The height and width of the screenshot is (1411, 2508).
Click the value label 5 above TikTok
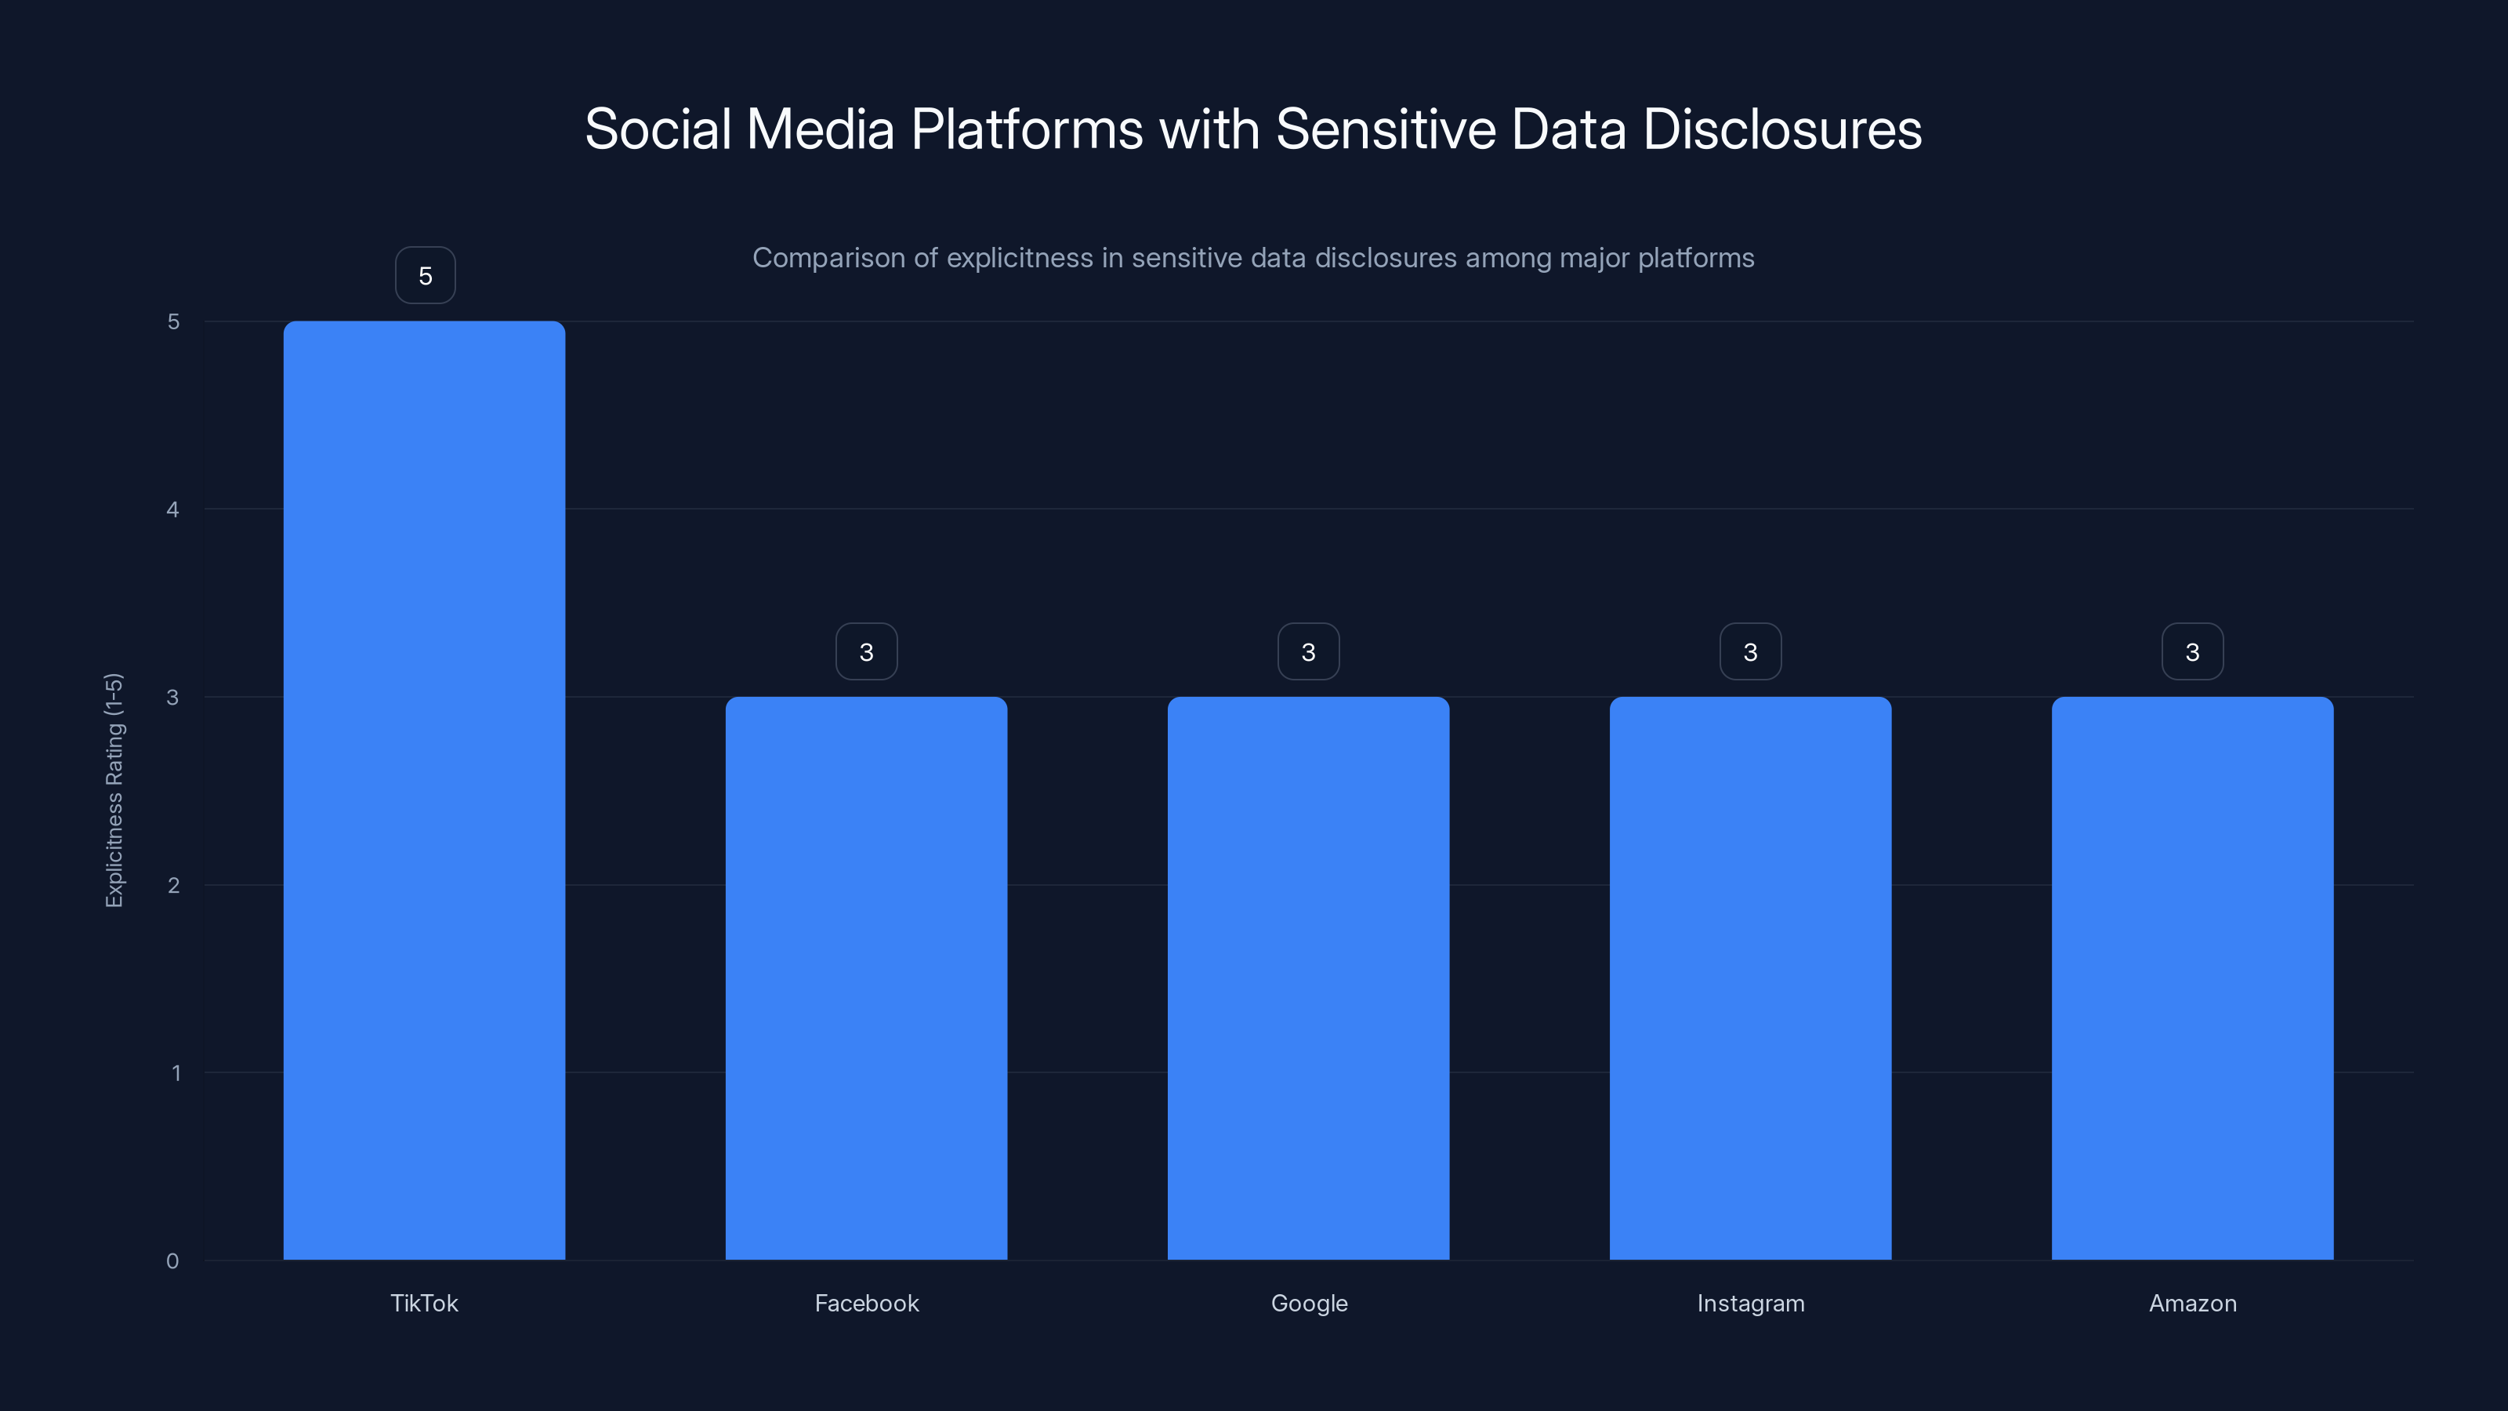425,276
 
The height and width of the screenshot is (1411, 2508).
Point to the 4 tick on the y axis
172,510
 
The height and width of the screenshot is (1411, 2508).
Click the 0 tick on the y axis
172,1261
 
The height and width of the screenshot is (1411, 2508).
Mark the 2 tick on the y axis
172,885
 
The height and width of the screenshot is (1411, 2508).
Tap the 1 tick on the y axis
176,1073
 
